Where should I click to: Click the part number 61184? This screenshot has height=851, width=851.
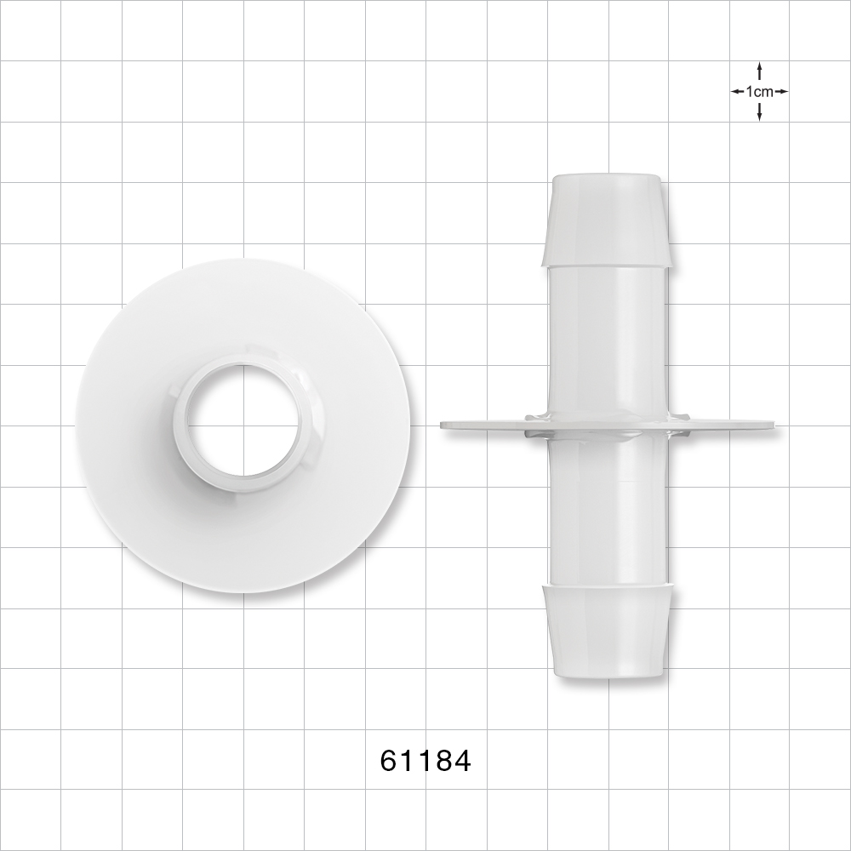pos(425,760)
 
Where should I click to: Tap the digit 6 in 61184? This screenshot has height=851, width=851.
pos(389,760)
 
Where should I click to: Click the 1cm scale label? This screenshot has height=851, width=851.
pos(759,91)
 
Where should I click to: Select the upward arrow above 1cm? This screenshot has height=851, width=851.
pos(759,71)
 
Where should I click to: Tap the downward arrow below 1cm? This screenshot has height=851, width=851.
pos(759,111)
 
